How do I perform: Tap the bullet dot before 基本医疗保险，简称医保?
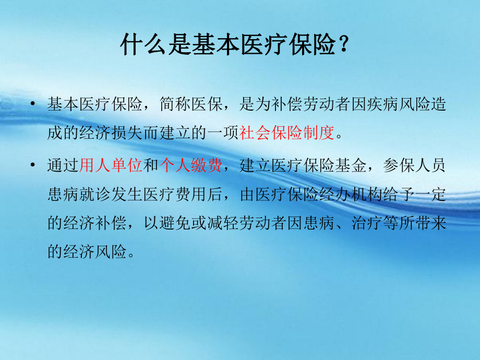click(34, 104)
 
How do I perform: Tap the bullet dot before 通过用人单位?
click(34, 166)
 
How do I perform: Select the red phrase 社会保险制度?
click(286, 134)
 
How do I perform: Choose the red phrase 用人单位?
click(111, 166)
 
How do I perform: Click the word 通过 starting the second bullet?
click(63, 166)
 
